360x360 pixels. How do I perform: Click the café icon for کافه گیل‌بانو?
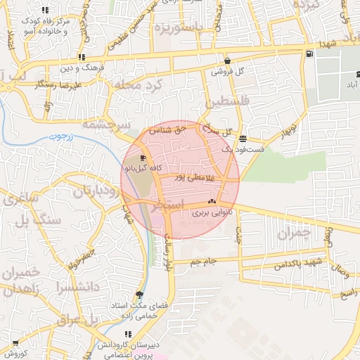[x=144, y=158]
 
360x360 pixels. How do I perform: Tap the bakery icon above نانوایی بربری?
[x=211, y=202]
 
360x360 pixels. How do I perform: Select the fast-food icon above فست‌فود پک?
[x=243, y=139]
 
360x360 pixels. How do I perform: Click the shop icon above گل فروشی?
[x=227, y=60]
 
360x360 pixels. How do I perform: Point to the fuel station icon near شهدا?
[x=309, y=54]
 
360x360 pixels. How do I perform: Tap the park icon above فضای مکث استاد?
[x=139, y=294]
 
